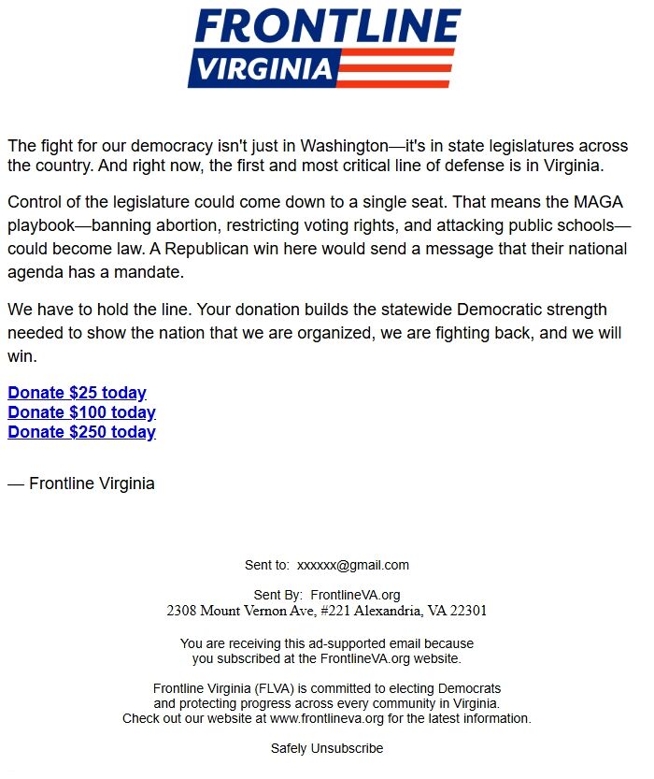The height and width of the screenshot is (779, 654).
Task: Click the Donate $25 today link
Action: coord(77,393)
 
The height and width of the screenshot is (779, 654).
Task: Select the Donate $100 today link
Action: coord(81,412)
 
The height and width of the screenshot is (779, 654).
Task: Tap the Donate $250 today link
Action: coord(81,432)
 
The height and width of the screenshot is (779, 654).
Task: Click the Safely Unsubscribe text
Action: coord(327,748)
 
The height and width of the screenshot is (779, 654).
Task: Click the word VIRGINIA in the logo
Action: coord(265,68)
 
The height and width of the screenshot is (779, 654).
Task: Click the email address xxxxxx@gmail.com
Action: coord(353,565)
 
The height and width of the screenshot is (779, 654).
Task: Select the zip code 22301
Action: coord(467,612)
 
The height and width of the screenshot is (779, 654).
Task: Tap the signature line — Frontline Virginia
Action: coord(81,483)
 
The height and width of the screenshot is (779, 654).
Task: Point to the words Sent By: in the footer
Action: coord(278,595)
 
